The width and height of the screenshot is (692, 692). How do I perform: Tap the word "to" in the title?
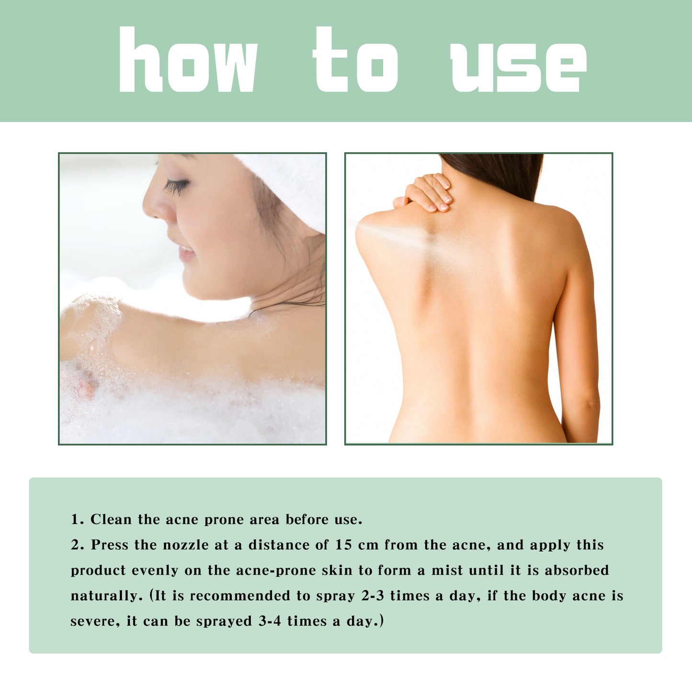[355, 60]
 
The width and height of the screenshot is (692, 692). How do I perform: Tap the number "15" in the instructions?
[344, 545]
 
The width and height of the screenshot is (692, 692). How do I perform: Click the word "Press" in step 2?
[110, 545]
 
